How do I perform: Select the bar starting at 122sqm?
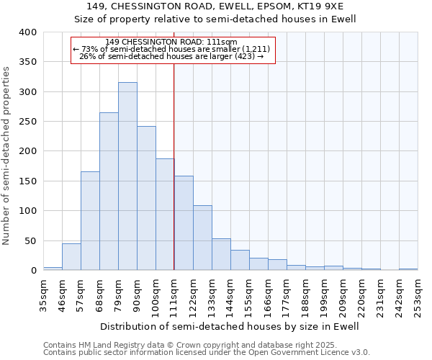pos(202,238)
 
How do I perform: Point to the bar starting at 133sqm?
pos(221,255)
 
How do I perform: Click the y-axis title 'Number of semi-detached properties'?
pos(7,155)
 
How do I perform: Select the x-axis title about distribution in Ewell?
pos(230,326)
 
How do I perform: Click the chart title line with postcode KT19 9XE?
pos(216,6)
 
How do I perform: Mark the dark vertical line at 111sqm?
pos(174,166)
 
